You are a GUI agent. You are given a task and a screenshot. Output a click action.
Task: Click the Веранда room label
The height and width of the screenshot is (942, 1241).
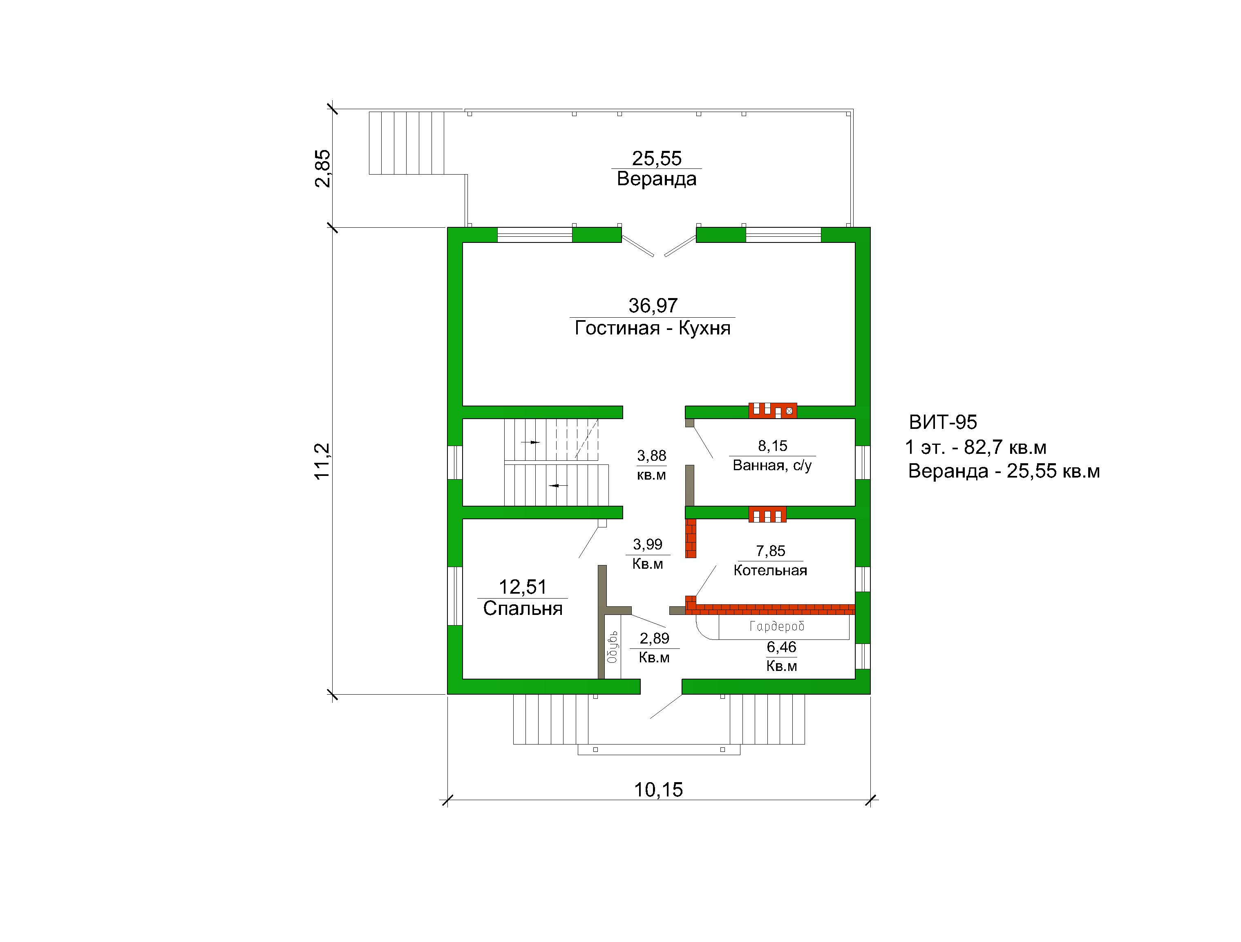[x=656, y=179]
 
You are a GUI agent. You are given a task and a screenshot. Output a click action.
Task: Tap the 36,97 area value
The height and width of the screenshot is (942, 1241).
[x=653, y=305]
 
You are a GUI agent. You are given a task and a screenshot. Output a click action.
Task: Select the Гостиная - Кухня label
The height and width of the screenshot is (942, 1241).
[x=653, y=328]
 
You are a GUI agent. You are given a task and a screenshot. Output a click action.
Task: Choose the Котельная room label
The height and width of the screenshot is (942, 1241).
[x=770, y=570]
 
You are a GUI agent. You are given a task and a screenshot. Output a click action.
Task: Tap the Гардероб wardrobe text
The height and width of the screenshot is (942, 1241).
[x=777, y=626]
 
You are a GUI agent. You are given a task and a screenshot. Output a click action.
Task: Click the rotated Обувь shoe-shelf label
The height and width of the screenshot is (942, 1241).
[x=612, y=647]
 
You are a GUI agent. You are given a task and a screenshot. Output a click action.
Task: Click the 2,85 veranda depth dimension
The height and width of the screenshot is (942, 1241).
[x=323, y=168]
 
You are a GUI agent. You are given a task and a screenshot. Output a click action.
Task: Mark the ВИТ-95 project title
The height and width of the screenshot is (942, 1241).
[x=943, y=422]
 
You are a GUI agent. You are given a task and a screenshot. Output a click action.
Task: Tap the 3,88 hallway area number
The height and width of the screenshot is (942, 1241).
[x=651, y=455]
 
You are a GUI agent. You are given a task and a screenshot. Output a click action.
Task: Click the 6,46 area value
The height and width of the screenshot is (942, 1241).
[x=782, y=647]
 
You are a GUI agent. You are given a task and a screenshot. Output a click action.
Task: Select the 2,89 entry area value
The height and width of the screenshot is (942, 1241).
[x=654, y=638]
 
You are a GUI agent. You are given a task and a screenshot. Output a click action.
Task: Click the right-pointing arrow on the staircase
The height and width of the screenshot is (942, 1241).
[x=530, y=442]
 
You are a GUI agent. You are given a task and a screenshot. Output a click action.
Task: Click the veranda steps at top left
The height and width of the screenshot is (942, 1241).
[x=407, y=143]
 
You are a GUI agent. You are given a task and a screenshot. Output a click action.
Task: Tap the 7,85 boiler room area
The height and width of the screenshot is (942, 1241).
[x=770, y=551]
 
